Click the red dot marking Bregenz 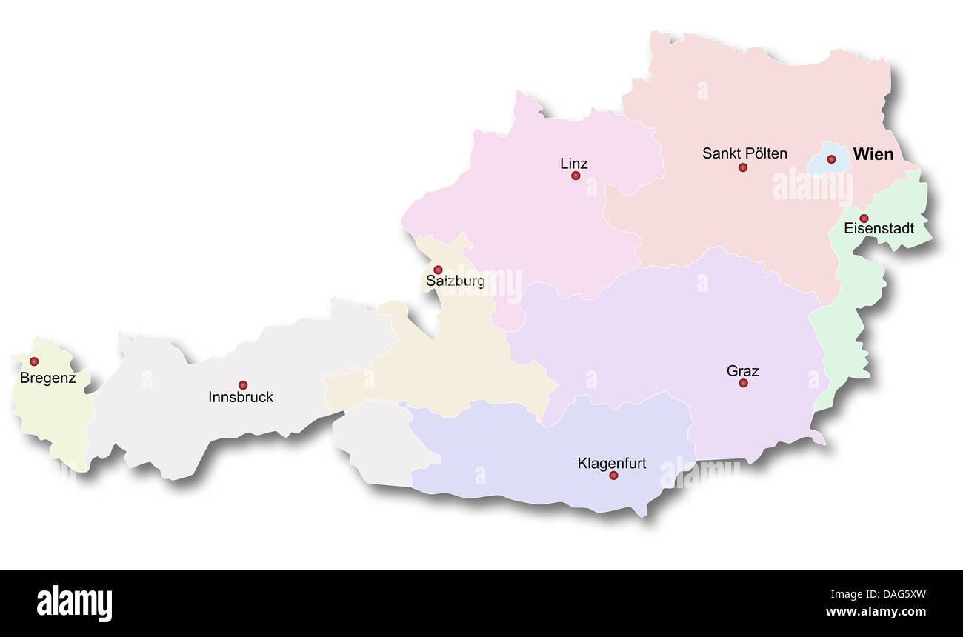[x=33, y=361]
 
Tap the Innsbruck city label [x=241, y=398]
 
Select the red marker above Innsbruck [x=242, y=385]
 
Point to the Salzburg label [x=456, y=281]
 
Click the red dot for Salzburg [x=438, y=270]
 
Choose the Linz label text [x=574, y=164]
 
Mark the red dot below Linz [x=575, y=176]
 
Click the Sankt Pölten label [x=744, y=154]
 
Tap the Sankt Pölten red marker [x=742, y=167]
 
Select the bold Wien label [x=873, y=155]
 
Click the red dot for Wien [x=831, y=159]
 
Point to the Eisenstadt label [x=879, y=229]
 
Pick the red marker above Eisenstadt [x=864, y=218]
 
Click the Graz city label [x=742, y=371]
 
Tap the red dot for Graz [x=743, y=383]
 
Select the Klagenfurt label [x=612, y=464]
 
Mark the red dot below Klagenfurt [x=613, y=476]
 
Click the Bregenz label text [x=48, y=378]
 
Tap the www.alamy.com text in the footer [x=875, y=612]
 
